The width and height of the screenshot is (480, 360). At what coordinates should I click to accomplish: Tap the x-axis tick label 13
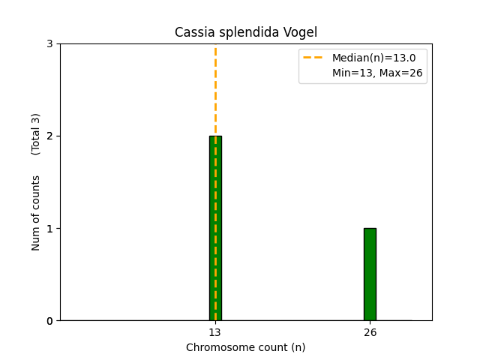215,332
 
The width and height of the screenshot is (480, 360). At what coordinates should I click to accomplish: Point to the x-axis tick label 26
370,332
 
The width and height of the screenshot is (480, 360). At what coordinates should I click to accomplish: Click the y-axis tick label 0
50,321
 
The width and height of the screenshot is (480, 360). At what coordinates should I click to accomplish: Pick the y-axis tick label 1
50,229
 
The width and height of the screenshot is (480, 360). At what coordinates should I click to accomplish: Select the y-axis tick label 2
50,136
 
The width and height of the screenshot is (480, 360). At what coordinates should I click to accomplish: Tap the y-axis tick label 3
50,44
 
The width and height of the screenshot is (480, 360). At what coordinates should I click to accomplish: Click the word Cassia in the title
192,32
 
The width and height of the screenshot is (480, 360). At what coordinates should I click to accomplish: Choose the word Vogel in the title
301,33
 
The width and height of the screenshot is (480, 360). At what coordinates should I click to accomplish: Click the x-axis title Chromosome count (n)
245,347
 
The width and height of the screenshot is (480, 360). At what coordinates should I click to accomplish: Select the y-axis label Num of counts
36,213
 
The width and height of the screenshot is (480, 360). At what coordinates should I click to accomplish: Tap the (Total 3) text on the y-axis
36,134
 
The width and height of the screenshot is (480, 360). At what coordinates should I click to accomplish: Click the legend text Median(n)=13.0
373,58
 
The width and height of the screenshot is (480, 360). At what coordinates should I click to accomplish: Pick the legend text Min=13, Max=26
377,73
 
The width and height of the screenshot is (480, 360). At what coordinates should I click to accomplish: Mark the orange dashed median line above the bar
215,90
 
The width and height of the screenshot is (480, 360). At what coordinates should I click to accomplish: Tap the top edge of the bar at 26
370,229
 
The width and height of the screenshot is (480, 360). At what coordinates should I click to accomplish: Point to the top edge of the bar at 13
215,136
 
